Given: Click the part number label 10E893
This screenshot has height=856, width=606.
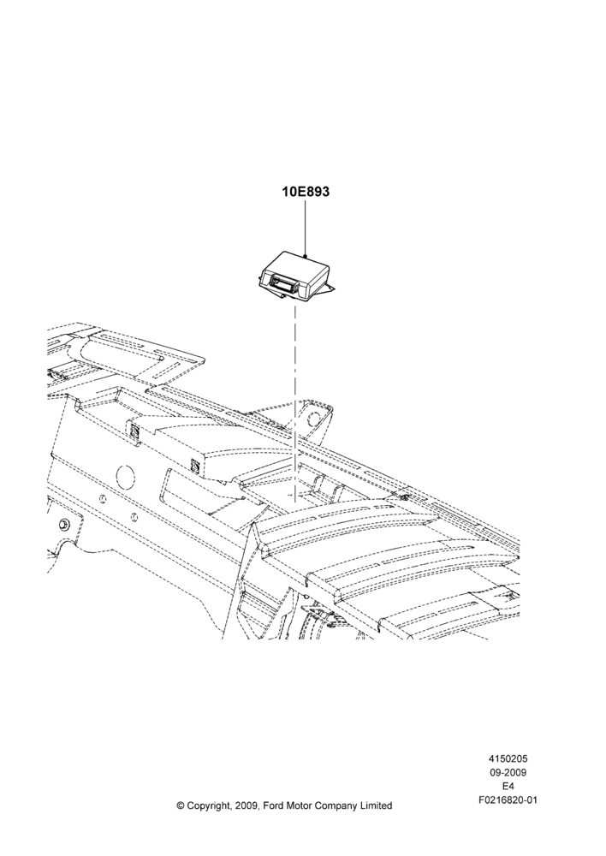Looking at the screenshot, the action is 306,192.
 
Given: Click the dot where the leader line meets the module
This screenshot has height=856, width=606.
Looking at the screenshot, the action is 306,255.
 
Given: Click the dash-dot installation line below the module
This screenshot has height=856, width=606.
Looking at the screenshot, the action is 295,404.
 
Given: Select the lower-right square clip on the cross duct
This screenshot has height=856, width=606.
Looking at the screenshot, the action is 193,465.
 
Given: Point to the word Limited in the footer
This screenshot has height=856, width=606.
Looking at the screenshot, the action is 377,805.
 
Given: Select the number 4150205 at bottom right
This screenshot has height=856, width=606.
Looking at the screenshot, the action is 508,758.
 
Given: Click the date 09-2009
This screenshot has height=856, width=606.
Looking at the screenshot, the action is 508,772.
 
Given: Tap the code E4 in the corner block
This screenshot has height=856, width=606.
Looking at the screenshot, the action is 508,786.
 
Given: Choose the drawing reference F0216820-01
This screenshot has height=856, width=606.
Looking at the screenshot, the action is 508,800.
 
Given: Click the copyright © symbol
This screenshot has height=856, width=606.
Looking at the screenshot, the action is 181,805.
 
